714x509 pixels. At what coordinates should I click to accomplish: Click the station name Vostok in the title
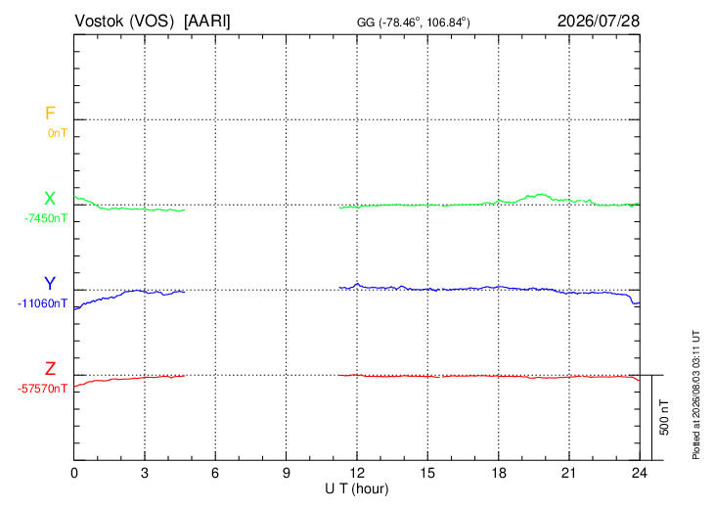tap(99, 21)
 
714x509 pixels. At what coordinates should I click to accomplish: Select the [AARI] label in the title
tap(207, 22)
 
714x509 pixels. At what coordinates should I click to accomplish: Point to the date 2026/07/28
tap(599, 21)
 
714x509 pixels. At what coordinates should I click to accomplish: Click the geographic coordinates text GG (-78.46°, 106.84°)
tap(413, 22)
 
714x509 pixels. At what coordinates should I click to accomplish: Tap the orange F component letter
tap(50, 114)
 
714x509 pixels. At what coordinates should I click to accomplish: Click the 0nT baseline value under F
tap(58, 133)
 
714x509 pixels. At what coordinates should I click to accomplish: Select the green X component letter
tap(50, 199)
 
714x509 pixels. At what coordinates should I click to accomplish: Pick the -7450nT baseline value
tap(46, 218)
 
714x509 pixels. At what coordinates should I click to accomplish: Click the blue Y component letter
tap(50, 284)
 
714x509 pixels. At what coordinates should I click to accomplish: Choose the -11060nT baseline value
tap(42, 303)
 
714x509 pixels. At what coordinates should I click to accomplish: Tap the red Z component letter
tap(50, 369)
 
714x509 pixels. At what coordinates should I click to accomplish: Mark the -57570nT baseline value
tap(42, 389)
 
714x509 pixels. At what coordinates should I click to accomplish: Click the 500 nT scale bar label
tap(664, 417)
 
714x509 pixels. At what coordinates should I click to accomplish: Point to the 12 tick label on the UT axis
tap(357, 473)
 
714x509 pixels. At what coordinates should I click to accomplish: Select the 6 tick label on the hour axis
tap(215, 473)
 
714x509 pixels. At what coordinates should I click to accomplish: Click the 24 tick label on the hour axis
tap(640, 473)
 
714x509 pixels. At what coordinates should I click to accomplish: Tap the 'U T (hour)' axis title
tap(357, 489)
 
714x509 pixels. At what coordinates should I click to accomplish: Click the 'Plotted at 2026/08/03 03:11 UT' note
tap(695, 395)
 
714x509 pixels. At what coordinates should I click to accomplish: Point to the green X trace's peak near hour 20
tap(541, 194)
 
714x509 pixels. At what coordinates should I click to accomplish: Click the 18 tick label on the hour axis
tap(499, 473)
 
